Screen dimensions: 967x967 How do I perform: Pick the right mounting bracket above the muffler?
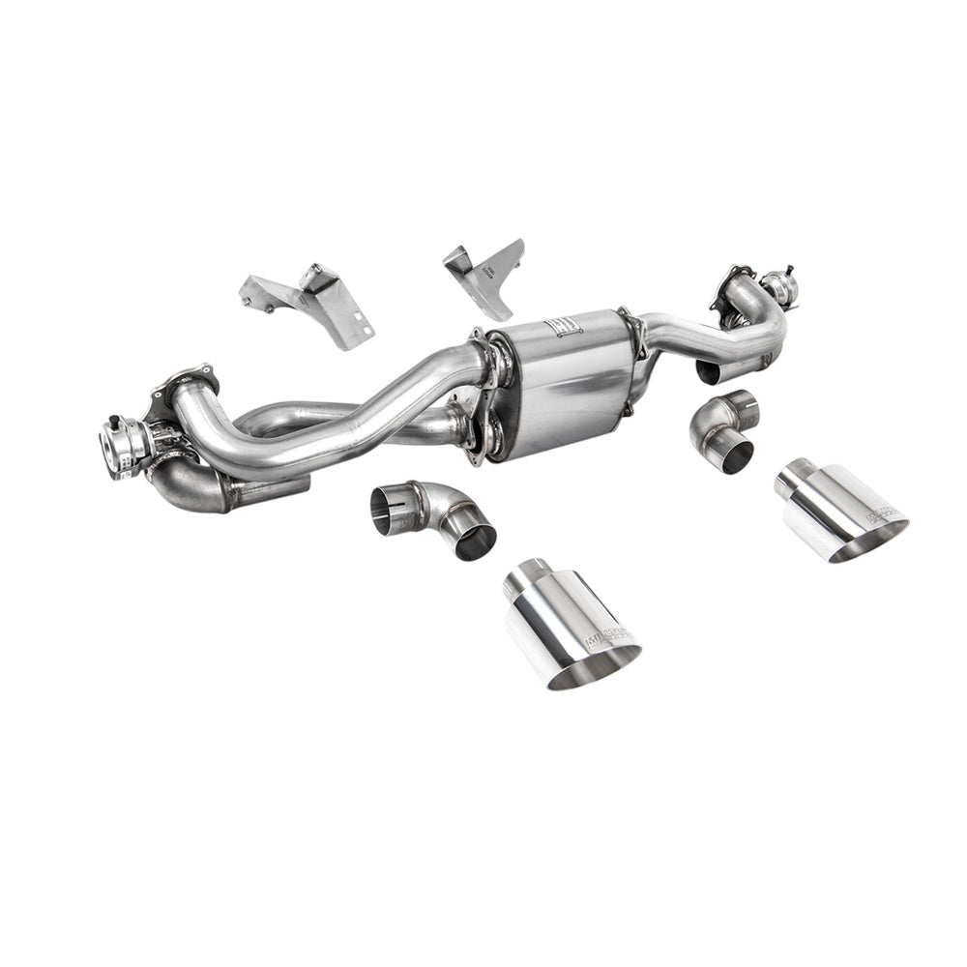[x=487, y=275]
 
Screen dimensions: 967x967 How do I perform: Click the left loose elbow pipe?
[x=433, y=517]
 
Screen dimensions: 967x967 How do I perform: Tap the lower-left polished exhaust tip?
[x=571, y=624]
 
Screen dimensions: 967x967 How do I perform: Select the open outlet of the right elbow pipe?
[x=737, y=454]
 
